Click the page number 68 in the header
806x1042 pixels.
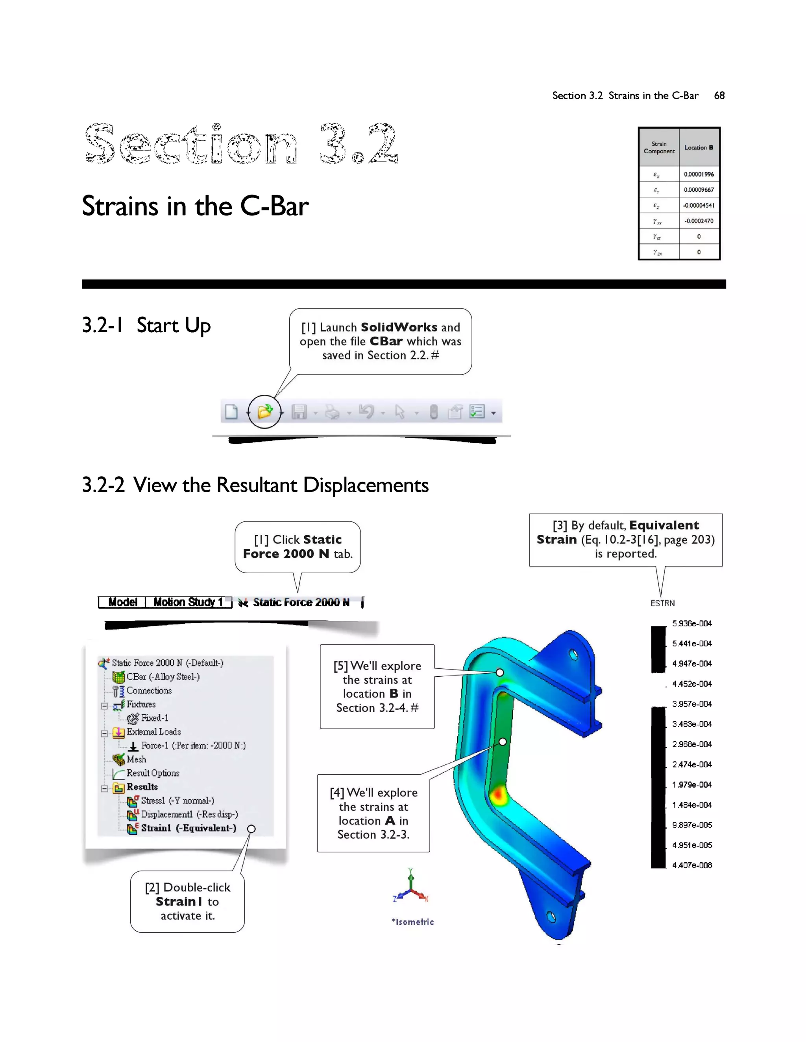719,96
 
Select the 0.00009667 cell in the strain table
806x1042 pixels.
699,190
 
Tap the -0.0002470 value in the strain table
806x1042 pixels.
699,221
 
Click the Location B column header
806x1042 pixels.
699,147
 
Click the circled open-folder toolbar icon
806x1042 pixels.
264,411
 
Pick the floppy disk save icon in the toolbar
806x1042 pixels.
299,412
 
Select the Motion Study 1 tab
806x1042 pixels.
188,602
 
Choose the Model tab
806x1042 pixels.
122,602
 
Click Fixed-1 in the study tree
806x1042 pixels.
154,718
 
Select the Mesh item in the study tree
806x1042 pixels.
136,759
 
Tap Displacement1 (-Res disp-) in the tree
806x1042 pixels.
189,814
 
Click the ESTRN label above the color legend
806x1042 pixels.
662,604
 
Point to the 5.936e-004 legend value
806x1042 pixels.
692,624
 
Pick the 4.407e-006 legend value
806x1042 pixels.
692,865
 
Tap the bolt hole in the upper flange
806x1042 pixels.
573,655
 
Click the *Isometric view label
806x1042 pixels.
413,922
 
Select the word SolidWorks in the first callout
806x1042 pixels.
399,327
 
